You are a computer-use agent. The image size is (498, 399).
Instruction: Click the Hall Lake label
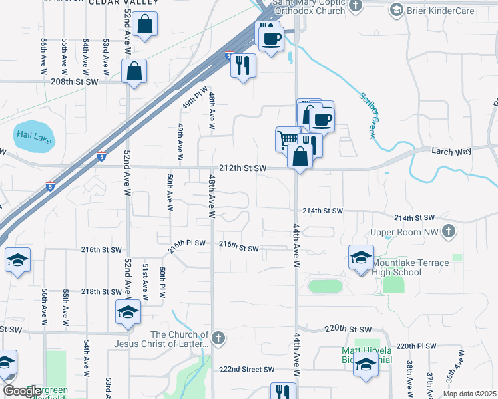(x=33, y=134)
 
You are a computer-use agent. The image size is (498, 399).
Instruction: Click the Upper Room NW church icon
(x=449, y=231)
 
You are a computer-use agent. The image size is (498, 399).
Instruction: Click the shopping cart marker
(x=288, y=138)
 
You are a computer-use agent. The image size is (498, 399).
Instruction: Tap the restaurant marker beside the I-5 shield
(x=244, y=65)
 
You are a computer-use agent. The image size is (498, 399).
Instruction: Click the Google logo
(x=22, y=390)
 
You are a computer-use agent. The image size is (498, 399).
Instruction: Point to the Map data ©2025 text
(x=470, y=394)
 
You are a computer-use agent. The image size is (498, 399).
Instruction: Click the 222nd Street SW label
(x=247, y=369)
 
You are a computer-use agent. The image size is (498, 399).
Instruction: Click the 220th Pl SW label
(x=416, y=346)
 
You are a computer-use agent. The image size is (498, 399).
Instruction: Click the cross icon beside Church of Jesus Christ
(x=218, y=338)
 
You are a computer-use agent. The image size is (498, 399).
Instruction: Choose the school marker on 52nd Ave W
(x=128, y=311)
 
